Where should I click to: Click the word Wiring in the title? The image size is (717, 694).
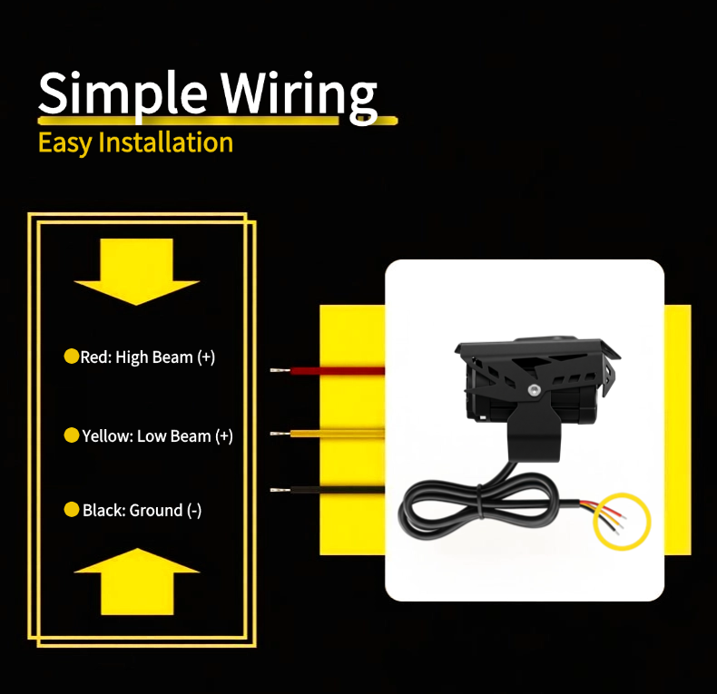pyautogui.click(x=300, y=96)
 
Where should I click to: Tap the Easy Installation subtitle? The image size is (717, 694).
pyautogui.click(x=135, y=142)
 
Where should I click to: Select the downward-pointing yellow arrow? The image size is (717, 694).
pyautogui.click(x=137, y=271)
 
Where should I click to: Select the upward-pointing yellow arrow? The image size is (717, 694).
pyautogui.click(x=137, y=582)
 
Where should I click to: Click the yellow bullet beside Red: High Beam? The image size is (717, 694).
pyautogui.click(x=72, y=357)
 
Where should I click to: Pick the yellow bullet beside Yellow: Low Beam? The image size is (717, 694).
pyautogui.click(x=72, y=435)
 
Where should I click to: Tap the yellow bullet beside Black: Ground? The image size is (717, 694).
pyautogui.click(x=72, y=509)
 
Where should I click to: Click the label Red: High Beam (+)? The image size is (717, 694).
pyautogui.click(x=148, y=357)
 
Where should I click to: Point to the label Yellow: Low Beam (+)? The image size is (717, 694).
pyautogui.click(x=157, y=436)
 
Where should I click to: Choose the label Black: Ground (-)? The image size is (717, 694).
pyautogui.click(x=142, y=510)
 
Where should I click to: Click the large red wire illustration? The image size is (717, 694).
pyautogui.click(x=328, y=370)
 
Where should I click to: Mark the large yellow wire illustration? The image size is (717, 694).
pyautogui.click(x=328, y=434)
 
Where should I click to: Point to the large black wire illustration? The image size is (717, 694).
pyautogui.click(x=328, y=490)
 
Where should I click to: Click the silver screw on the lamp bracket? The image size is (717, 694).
pyautogui.click(x=534, y=390)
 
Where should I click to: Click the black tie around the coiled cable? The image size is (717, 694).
pyautogui.click(x=480, y=501)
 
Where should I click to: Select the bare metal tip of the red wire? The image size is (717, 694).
pyautogui.click(x=280, y=370)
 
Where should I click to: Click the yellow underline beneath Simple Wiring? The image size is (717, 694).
pyautogui.click(x=218, y=121)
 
